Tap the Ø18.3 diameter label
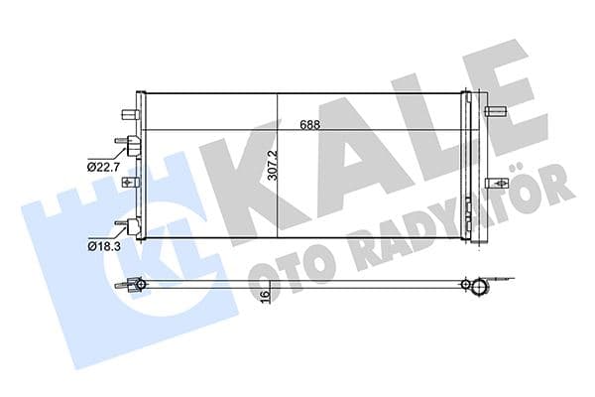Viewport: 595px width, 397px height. (102, 243)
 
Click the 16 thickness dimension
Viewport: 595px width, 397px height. (266, 296)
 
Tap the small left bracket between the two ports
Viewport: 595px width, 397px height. (126, 183)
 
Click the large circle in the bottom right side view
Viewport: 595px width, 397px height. (480, 289)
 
